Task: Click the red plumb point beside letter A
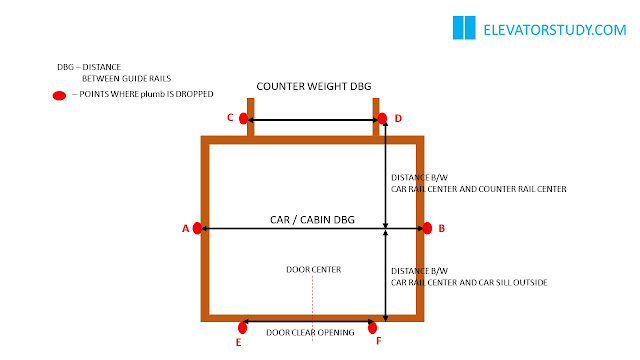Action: pyautogui.click(x=197, y=228)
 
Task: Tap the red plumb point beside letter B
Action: pyautogui.click(x=427, y=228)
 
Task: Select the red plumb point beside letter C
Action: pyautogui.click(x=243, y=118)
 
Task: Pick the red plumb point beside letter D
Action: pyautogui.click(x=382, y=118)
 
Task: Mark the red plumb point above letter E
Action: pyautogui.click(x=242, y=327)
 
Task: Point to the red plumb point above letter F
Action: pyautogui.click(x=372, y=327)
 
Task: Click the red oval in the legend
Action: pyautogui.click(x=59, y=96)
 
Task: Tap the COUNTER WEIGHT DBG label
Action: pyautogui.click(x=314, y=87)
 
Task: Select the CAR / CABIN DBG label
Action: pyautogui.click(x=312, y=220)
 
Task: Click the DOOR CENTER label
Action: pyautogui.click(x=313, y=269)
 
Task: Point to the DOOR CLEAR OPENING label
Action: pyautogui.click(x=310, y=333)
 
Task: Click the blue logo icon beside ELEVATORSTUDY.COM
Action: pyautogui.click(x=464, y=28)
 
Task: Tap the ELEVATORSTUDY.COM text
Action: pyautogui.click(x=555, y=30)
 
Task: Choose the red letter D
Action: pyautogui.click(x=398, y=118)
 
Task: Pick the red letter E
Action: pyautogui.click(x=238, y=342)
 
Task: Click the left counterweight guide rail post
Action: pyautogui.click(x=251, y=117)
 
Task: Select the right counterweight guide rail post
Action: pyautogui.click(x=376, y=117)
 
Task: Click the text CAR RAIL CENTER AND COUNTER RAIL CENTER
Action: pyautogui.click(x=479, y=189)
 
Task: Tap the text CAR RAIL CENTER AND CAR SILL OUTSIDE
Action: pyautogui.click(x=469, y=282)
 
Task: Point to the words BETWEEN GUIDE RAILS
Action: pyautogui.click(x=127, y=78)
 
